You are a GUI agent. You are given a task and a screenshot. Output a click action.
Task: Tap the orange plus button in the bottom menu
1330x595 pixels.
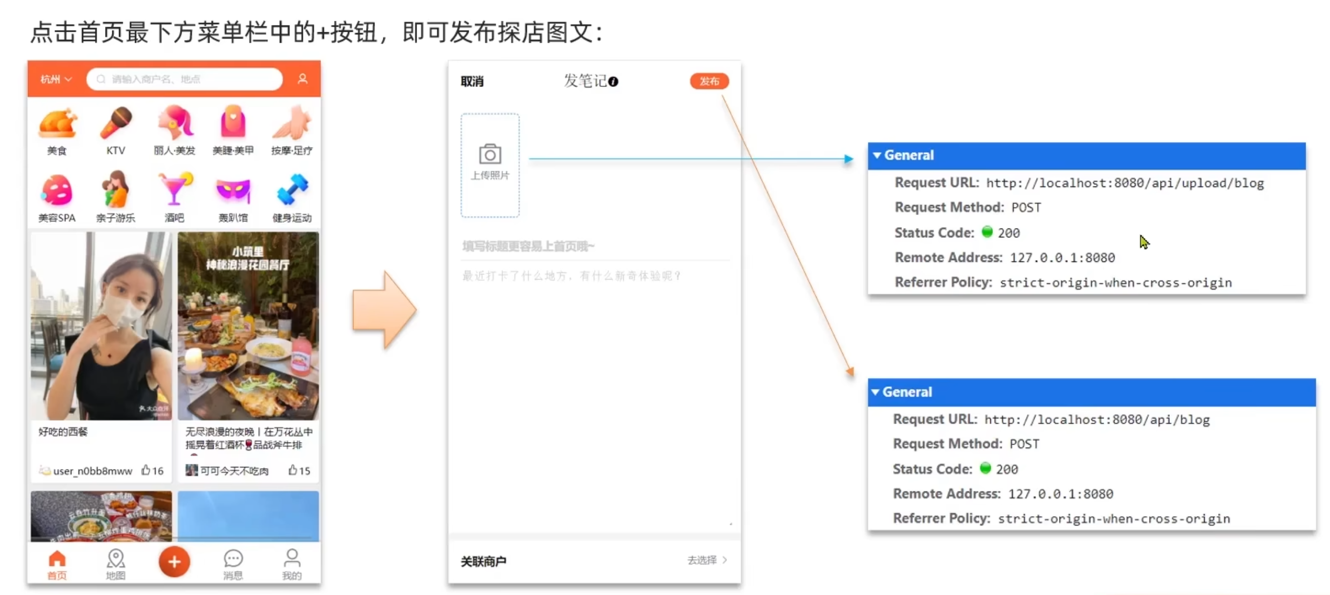[x=174, y=561]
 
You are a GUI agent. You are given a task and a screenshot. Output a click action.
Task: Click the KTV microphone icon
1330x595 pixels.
[x=115, y=122]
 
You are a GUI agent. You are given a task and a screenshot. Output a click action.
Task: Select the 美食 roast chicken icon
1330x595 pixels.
[x=57, y=124]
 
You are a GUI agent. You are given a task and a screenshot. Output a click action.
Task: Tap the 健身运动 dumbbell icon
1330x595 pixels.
[x=292, y=189]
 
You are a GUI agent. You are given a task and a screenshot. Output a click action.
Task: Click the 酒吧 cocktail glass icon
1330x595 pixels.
[x=174, y=189]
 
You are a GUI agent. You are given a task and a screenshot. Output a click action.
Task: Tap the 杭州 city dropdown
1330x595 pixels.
[x=56, y=79]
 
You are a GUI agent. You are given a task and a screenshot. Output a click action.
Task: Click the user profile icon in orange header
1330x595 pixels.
[x=302, y=79]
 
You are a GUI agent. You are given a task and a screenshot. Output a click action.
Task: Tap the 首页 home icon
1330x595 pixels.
[x=57, y=559]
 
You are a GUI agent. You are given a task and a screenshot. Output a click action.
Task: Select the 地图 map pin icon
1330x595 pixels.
[x=115, y=559]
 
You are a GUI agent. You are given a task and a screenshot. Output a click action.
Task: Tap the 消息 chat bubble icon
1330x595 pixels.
[x=233, y=559]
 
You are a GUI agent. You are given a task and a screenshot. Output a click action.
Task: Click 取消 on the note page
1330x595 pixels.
[x=472, y=81]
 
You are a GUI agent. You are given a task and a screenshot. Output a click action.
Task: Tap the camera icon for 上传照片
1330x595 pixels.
[x=489, y=155]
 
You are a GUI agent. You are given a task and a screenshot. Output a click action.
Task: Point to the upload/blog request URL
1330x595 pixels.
[x=1124, y=183]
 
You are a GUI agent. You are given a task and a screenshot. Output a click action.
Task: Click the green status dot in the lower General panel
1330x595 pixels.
[x=985, y=468]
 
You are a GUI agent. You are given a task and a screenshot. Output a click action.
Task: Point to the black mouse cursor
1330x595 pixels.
[x=1143, y=242]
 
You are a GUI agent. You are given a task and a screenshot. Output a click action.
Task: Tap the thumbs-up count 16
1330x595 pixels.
[x=152, y=471]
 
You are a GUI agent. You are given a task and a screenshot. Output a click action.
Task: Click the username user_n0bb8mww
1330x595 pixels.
[x=93, y=471]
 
